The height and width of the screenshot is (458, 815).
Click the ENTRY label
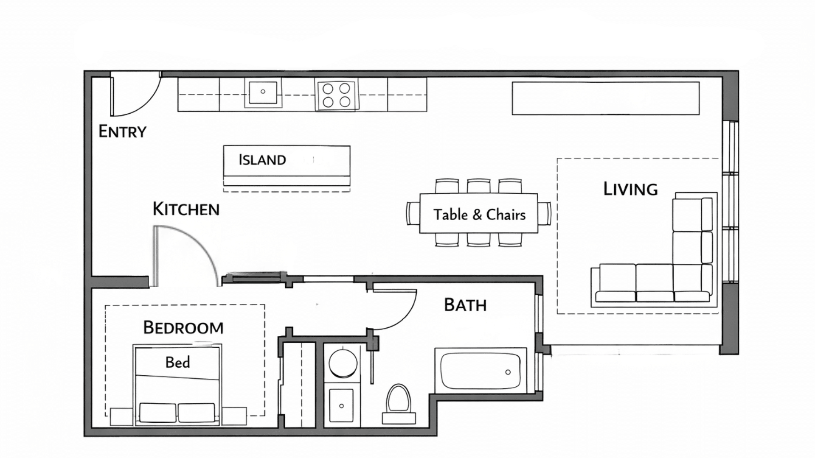point(122,132)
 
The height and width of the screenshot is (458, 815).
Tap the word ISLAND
point(262,160)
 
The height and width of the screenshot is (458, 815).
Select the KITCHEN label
point(186,209)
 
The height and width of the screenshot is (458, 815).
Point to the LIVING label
point(630,189)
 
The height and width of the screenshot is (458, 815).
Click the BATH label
point(465,305)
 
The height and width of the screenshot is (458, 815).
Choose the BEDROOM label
point(183,328)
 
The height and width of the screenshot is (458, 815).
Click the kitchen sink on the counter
point(263,92)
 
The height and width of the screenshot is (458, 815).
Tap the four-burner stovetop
point(336,95)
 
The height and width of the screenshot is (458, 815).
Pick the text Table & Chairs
point(479,215)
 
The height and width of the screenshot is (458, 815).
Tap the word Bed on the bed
point(177,363)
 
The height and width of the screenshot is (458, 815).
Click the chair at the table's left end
point(412,213)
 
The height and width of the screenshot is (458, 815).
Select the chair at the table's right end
point(545,213)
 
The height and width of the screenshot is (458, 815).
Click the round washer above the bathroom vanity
point(343,363)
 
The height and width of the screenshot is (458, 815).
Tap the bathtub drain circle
point(508,372)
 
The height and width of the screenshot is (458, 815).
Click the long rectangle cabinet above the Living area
point(605,98)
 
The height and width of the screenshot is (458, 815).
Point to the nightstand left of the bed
point(121,416)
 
